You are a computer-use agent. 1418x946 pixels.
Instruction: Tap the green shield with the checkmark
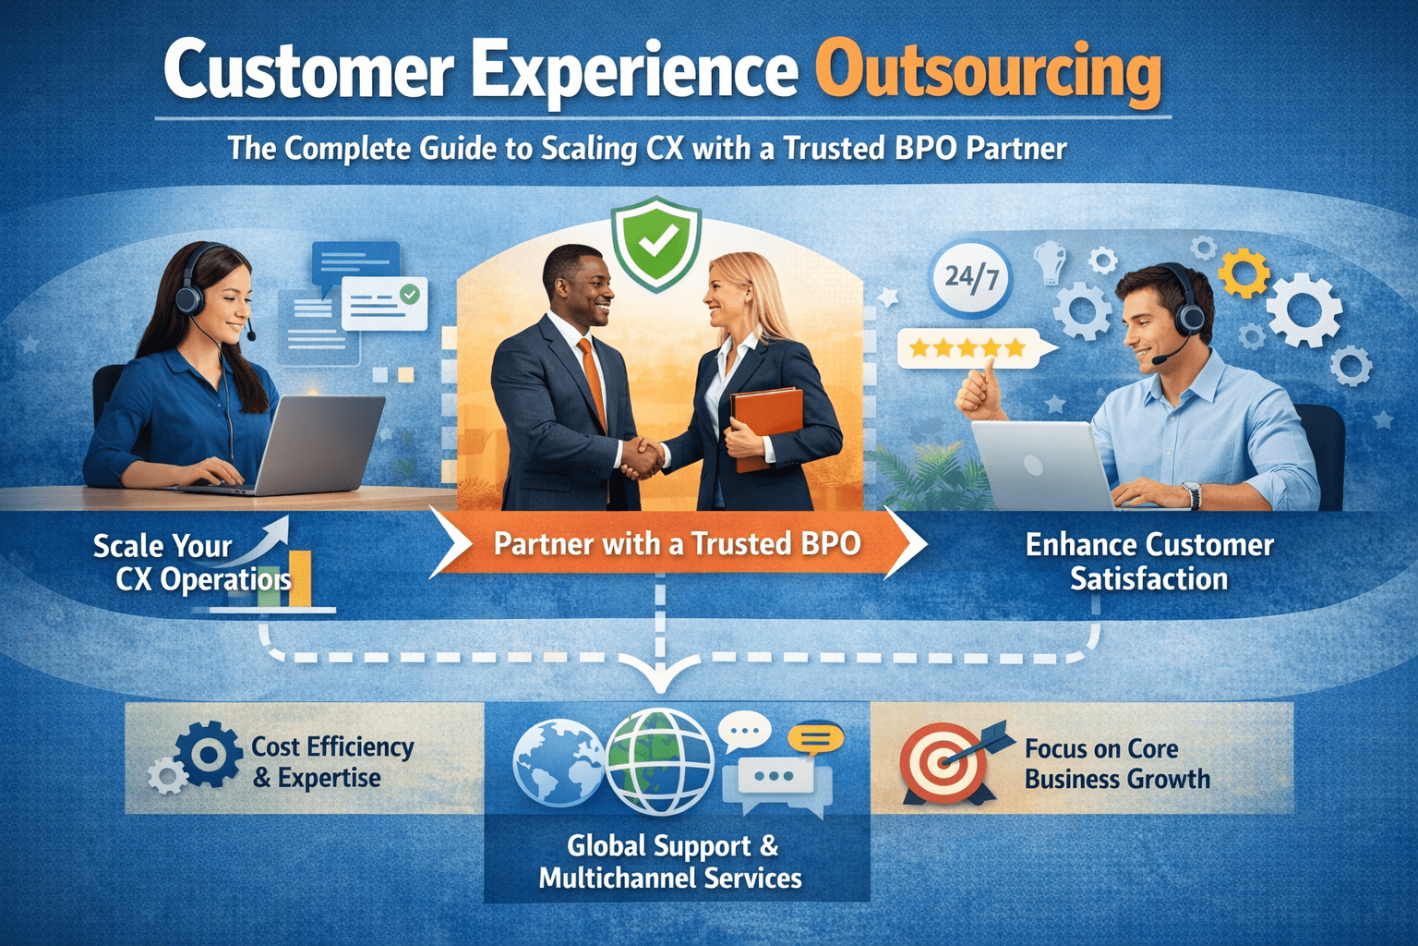[656, 243]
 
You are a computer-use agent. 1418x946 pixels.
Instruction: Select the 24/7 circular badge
[971, 276]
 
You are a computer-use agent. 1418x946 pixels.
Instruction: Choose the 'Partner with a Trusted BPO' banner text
[677, 544]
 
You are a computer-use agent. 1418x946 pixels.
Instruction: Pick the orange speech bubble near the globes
[815, 738]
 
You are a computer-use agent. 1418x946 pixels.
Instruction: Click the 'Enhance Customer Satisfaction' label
[1149, 562]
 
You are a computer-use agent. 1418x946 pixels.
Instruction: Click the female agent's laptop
[323, 443]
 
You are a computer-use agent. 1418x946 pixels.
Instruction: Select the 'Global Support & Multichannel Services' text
[671, 862]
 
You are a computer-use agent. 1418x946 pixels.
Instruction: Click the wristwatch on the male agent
[1193, 495]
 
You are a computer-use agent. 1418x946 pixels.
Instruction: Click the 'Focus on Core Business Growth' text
[1117, 764]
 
